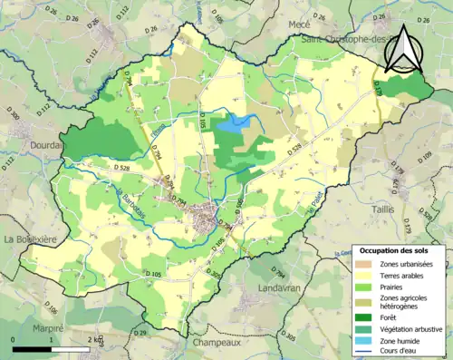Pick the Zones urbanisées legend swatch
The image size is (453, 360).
click(x=366, y=263)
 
